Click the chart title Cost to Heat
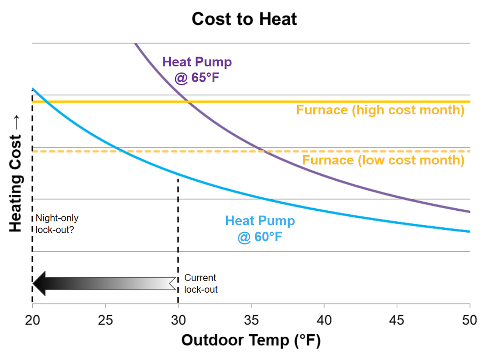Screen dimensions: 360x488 pos(244,19)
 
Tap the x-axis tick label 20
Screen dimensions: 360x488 pos(32,320)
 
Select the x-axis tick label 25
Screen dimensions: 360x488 pos(105,320)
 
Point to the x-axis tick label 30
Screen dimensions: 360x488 pos(178,320)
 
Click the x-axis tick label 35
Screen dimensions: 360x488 pos(251,320)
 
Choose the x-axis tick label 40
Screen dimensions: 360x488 pos(324,320)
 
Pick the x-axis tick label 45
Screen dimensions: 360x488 pos(397,320)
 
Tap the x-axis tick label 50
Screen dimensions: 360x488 pos(469,320)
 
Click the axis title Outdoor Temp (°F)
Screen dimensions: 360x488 pos(251,340)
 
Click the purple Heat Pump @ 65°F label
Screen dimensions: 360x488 pos(197,69)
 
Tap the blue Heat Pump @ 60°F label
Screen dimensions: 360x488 pos(260,228)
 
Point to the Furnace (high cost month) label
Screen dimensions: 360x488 pos(380,110)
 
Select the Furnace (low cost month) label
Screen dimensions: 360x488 pos(383,160)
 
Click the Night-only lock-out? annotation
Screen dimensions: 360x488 pos(57,224)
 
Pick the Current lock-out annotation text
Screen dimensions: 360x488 pos(201,283)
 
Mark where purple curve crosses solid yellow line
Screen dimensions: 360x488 pos(188,102)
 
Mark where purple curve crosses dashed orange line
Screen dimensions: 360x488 pos(264,151)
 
